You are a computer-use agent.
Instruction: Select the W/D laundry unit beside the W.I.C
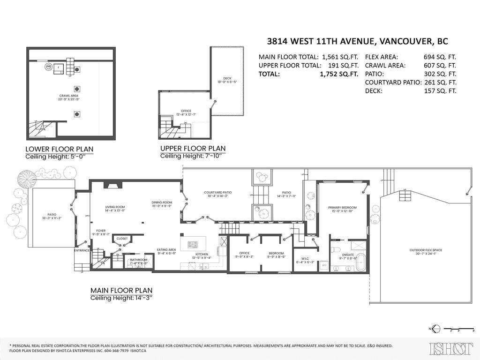pos(324,265)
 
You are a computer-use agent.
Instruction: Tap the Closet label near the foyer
pos(122,239)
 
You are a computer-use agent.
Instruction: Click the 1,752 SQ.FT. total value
pos(339,74)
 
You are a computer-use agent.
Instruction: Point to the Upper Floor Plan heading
pos(193,149)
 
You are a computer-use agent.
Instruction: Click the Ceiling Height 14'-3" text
pos(121,298)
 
